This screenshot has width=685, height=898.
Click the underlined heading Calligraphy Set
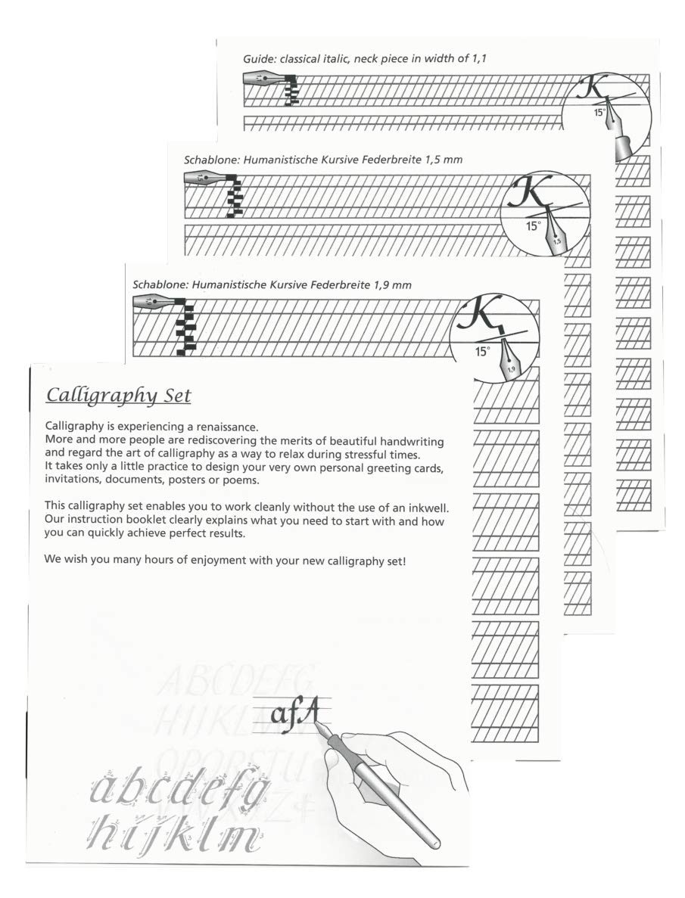point(118,395)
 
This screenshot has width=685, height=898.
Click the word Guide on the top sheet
point(258,58)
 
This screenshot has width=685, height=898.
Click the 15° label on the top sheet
point(599,111)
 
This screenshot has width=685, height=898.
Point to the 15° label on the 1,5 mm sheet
point(534,225)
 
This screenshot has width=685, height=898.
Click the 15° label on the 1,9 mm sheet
point(483,351)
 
